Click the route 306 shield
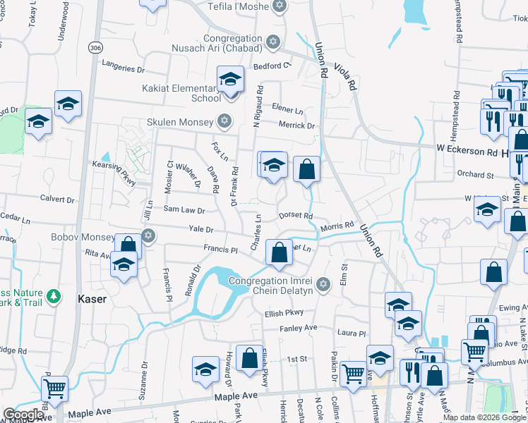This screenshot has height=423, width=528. [94, 47]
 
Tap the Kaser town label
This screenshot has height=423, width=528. [92, 299]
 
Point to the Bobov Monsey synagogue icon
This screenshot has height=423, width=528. [148, 235]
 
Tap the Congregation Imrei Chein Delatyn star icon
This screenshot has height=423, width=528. [323, 285]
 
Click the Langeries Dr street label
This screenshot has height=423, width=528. [123, 69]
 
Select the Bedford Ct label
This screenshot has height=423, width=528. [272, 66]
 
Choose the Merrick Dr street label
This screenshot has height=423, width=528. [296, 125]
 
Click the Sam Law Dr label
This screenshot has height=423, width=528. [184, 210]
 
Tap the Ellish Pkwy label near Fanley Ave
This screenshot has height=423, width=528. [284, 313]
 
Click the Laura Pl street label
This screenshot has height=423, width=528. [352, 333]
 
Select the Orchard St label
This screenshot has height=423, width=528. [475, 174]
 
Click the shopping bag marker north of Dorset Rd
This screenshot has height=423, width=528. [306, 169]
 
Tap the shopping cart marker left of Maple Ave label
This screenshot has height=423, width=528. [54, 388]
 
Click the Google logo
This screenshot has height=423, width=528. [23, 415]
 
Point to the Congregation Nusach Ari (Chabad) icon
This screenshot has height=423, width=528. [272, 43]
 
